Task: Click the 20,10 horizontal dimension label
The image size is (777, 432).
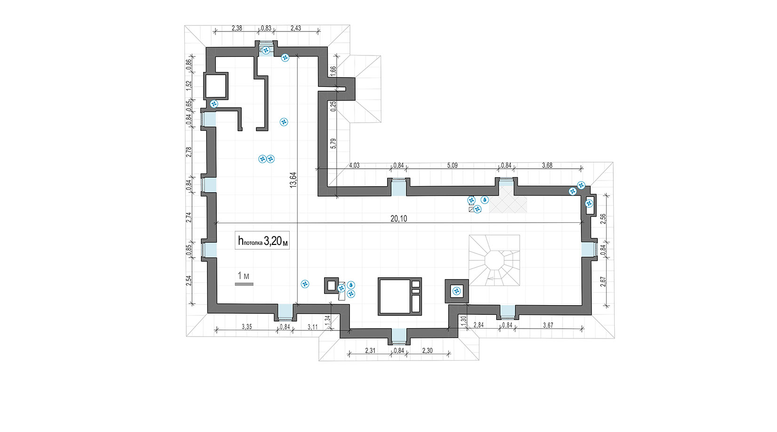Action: [x=398, y=219]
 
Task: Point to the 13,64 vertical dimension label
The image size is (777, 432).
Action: [x=293, y=180]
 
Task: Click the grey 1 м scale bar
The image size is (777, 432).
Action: [x=244, y=284]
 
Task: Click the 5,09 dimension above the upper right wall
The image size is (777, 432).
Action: [x=452, y=165]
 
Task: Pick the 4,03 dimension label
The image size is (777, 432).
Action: [x=354, y=165]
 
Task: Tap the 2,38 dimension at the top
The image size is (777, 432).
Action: [x=237, y=28]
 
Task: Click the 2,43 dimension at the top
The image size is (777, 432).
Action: [x=296, y=28]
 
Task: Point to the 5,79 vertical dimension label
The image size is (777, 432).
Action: [x=333, y=143]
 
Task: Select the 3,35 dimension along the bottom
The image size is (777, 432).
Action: [x=246, y=327]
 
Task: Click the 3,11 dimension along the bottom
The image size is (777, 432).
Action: [x=312, y=327]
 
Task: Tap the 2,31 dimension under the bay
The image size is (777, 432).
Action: [x=370, y=351]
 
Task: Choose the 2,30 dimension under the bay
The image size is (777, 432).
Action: [x=428, y=351]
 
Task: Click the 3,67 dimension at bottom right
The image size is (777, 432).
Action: [x=548, y=325]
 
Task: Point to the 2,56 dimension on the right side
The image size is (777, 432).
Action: [x=603, y=219]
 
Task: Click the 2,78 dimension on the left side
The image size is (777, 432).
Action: [x=189, y=152]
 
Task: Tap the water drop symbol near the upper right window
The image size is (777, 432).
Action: [x=484, y=200]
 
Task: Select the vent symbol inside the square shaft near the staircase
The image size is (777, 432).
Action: [x=457, y=291]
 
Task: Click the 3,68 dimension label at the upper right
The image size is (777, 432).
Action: [x=547, y=165]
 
